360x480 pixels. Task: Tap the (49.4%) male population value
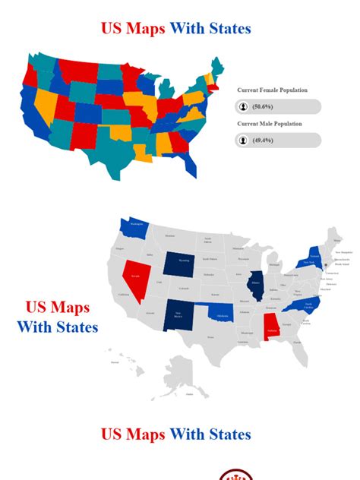(x=264, y=141)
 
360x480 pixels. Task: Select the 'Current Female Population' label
(x=272, y=90)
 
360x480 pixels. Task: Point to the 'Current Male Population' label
(x=269, y=124)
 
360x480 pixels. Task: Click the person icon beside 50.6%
(x=243, y=106)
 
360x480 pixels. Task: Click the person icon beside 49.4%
(x=243, y=141)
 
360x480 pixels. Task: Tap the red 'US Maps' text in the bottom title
(x=133, y=434)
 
